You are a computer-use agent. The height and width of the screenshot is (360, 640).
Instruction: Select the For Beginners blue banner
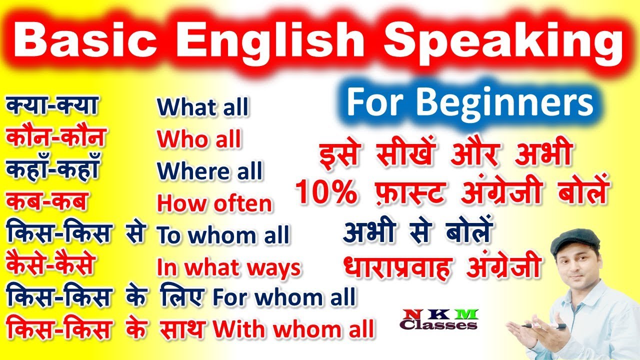[x=469, y=103]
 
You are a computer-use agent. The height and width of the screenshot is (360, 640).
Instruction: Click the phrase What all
[x=202, y=107]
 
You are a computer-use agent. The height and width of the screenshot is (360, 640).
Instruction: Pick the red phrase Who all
[x=199, y=140]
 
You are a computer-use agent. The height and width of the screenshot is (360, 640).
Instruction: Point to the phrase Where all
[x=209, y=171]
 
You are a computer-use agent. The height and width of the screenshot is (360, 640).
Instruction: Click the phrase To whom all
[x=223, y=235]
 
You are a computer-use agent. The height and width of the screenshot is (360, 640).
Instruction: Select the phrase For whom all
[x=284, y=297]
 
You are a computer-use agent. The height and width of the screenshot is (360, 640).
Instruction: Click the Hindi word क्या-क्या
[x=52, y=105]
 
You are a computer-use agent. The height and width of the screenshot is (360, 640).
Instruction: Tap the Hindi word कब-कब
[x=47, y=201]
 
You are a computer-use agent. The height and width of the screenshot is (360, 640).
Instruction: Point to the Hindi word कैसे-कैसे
[x=50, y=265]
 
